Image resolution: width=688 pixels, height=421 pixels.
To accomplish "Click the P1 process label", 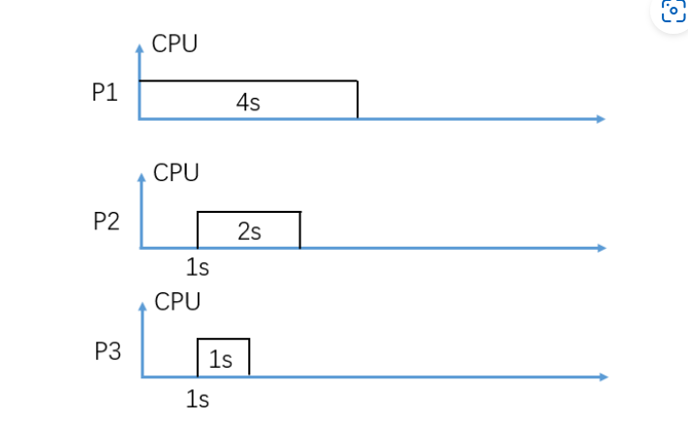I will point(105,93).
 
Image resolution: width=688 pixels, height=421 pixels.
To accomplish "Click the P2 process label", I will point(106,221).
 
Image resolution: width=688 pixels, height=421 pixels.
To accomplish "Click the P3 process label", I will point(108,351).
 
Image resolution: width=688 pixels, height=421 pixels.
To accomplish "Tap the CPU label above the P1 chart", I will point(174,44).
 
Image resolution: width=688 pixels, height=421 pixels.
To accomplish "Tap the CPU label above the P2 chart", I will point(176,173).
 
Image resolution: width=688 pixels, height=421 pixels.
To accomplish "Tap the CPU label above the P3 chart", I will point(177,302).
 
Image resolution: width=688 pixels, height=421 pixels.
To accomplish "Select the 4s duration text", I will point(248,103).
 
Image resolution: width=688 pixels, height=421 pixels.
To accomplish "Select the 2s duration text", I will point(249,232).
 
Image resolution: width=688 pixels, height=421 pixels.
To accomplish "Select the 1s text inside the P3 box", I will point(221,360).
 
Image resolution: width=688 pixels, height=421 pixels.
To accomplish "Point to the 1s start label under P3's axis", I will point(198,398).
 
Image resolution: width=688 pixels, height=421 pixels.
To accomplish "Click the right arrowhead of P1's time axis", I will point(601,119).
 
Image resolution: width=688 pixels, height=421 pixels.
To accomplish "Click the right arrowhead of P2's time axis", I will point(601,249).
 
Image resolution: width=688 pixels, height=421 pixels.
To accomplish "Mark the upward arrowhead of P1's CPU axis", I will point(140,45).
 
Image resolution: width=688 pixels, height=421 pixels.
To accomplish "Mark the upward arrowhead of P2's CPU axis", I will point(141,175).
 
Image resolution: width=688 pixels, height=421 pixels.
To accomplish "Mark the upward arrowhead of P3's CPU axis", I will point(142,305).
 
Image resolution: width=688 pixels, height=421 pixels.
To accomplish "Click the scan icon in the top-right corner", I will point(672,12).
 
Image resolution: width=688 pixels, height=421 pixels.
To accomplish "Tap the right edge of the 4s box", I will point(358,100).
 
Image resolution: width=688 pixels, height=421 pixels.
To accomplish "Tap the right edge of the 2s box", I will point(299,230).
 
